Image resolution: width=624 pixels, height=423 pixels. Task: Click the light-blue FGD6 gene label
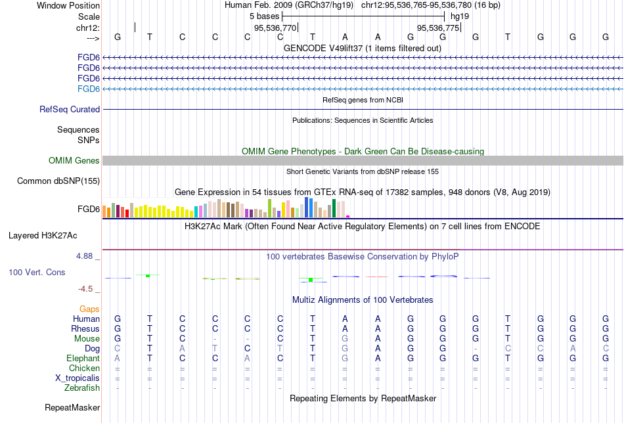89,89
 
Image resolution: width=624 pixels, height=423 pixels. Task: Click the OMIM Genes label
74,161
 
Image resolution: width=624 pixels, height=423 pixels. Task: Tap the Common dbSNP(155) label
58,181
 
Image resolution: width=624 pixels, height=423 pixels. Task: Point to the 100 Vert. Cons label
37,272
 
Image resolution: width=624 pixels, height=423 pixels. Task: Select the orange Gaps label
89,309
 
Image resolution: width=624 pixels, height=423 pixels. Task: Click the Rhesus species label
85,329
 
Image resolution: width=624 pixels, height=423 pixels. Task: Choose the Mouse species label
87,339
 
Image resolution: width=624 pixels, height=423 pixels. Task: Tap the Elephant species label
83,359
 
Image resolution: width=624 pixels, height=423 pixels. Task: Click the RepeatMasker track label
72,408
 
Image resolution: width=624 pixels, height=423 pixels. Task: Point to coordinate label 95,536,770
275,28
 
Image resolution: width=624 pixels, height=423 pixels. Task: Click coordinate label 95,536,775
438,28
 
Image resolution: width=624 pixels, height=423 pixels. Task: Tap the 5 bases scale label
265,16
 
